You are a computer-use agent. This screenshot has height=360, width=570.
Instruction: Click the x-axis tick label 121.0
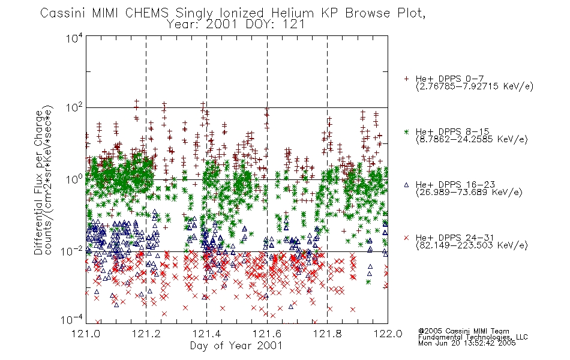click(x=86, y=334)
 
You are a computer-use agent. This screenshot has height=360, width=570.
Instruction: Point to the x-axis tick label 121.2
click(x=146, y=334)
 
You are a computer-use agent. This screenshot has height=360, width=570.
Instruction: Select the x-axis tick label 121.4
click(x=206, y=334)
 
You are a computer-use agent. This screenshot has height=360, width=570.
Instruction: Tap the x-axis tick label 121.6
click(x=267, y=334)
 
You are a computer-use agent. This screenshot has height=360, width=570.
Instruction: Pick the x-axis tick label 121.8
click(x=328, y=334)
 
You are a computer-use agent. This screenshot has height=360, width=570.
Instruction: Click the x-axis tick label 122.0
click(x=388, y=334)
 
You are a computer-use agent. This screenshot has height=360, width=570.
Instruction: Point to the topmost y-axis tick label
click(x=74, y=38)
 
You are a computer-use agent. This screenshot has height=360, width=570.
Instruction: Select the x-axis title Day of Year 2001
click(x=236, y=346)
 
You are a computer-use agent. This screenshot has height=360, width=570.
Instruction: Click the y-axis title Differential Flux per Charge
click(x=39, y=182)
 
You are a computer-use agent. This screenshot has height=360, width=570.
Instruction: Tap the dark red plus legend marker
click(x=406, y=79)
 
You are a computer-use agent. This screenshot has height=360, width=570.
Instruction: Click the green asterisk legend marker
click(x=406, y=131)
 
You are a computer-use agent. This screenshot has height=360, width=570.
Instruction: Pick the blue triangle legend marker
click(x=406, y=185)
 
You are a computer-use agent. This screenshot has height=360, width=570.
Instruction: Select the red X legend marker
click(x=406, y=238)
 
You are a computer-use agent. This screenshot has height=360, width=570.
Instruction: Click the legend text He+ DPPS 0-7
click(x=449, y=79)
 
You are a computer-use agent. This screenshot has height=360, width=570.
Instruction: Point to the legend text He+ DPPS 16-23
click(x=455, y=184)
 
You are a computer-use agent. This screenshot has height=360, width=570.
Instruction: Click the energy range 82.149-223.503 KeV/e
click(x=472, y=245)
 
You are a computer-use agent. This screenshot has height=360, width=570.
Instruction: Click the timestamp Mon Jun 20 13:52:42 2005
click(x=467, y=343)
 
